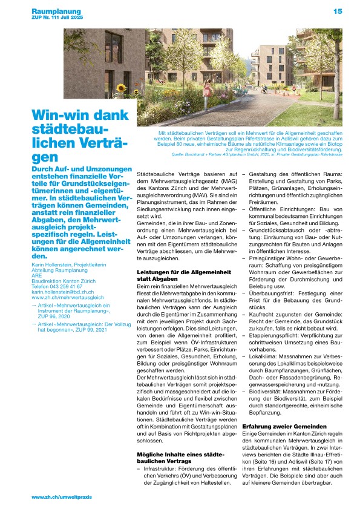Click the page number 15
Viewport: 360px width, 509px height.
click(337, 11)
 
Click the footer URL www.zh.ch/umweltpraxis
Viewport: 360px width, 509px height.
click(62, 497)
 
